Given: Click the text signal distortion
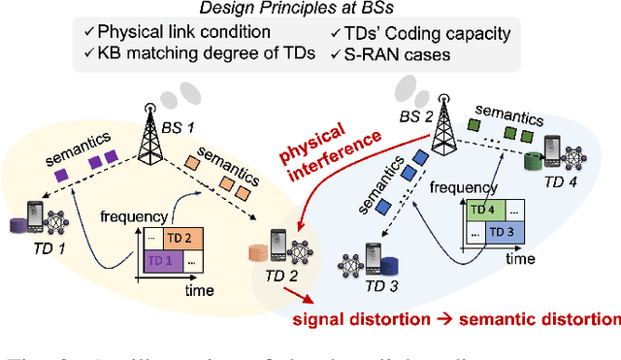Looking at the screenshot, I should coord(373,318).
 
